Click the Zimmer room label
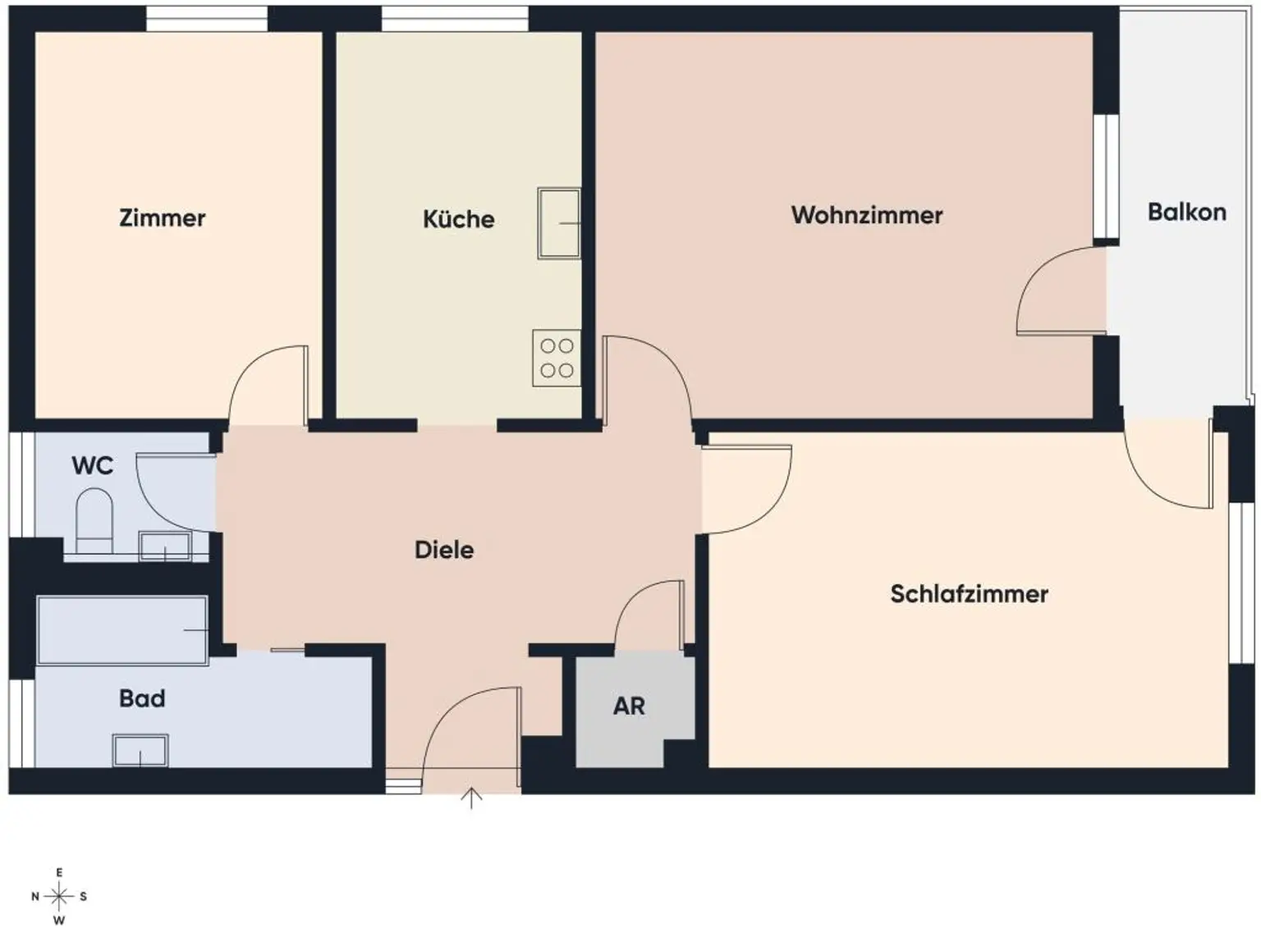click(163, 218)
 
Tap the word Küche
click(458, 219)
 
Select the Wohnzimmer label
click(866, 215)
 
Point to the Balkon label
click(1186, 213)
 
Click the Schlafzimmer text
click(969, 594)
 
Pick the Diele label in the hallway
click(443, 550)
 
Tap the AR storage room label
click(629, 706)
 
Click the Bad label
click(142, 698)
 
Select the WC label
click(92, 466)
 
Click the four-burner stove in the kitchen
click(557, 359)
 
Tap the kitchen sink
click(559, 223)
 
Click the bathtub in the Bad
click(122, 630)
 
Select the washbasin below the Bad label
click(140, 750)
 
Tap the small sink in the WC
click(165, 546)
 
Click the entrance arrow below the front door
click(471, 798)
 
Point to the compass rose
click(59, 896)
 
